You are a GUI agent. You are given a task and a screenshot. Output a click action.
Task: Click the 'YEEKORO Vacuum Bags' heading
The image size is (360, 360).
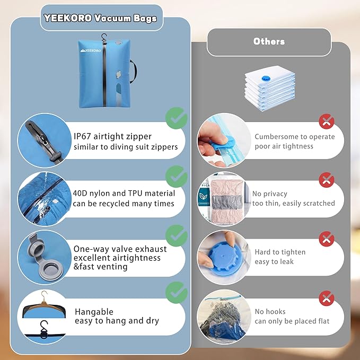pyautogui.click(x=100, y=19)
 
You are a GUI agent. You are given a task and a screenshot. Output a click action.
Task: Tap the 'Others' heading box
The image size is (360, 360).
pyautogui.click(x=269, y=42)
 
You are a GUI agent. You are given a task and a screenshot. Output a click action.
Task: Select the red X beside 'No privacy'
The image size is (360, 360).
pyautogui.click(x=327, y=180)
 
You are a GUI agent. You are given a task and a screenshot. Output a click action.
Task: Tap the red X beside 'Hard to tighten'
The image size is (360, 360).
pyautogui.click(x=327, y=238)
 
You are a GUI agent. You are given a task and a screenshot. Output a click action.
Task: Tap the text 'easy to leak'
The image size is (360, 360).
pyautogui.click(x=274, y=261)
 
